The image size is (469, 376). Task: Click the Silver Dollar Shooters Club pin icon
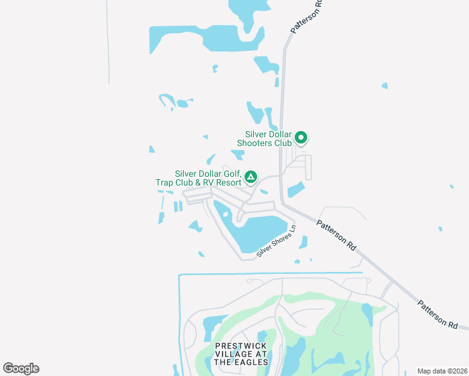(301, 137)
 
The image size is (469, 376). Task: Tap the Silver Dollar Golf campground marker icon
(250, 177)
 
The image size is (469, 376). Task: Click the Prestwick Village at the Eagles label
(241, 354)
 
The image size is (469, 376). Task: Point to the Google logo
(21, 368)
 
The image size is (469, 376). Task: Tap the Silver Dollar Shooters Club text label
(268, 138)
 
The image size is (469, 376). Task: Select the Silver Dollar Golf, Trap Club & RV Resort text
(198, 179)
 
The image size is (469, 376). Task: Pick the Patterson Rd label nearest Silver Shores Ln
(335, 236)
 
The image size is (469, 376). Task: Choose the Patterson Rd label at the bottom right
(437, 314)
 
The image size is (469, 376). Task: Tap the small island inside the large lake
(225, 215)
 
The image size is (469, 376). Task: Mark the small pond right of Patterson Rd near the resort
(296, 189)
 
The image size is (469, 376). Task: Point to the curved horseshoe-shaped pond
(167, 100)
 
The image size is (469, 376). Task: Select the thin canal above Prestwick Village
(270, 273)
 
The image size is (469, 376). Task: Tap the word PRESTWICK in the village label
(241, 346)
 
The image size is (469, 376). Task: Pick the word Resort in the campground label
(228, 182)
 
